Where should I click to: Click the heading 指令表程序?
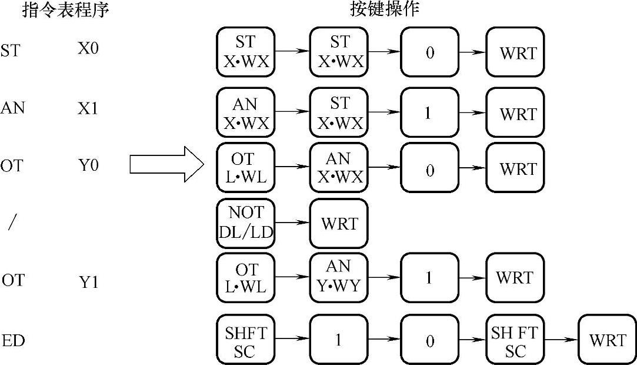click(x=66, y=10)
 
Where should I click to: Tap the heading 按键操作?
click(x=385, y=10)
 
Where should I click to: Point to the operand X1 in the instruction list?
click(x=88, y=109)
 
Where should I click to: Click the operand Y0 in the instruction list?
click(x=89, y=165)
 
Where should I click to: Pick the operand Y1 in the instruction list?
click(x=89, y=282)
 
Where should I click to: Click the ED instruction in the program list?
click(x=14, y=341)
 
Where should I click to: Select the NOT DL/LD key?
click(x=246, y=223)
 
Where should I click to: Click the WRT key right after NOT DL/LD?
click(x=339, y=224)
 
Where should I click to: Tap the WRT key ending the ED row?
click(x=608, y=340)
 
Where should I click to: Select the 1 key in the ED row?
click(x=339, y=340)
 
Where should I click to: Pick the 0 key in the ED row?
click(x=429, y=341)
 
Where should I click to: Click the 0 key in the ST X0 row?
click(x=429, y=52)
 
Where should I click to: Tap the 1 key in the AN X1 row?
click(x=429, y=113)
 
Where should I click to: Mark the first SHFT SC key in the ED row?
click(x=246, y=341)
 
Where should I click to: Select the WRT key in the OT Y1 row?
click(x=515, y=278)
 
